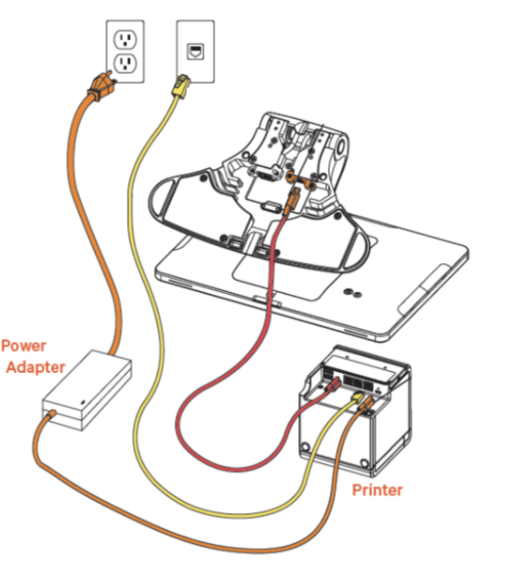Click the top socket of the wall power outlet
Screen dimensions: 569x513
[124, 40]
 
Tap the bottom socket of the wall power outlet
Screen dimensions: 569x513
[124, 64]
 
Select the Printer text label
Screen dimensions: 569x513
[376, 489]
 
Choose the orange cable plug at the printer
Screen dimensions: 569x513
[369, 402]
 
